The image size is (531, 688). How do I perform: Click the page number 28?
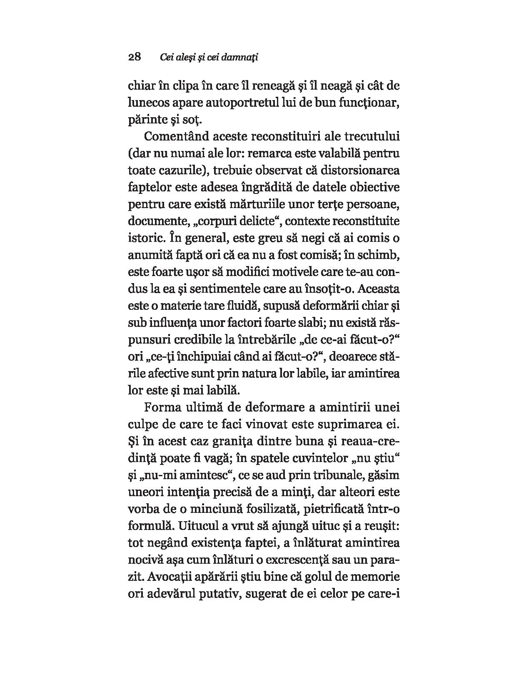coord(135,57)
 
